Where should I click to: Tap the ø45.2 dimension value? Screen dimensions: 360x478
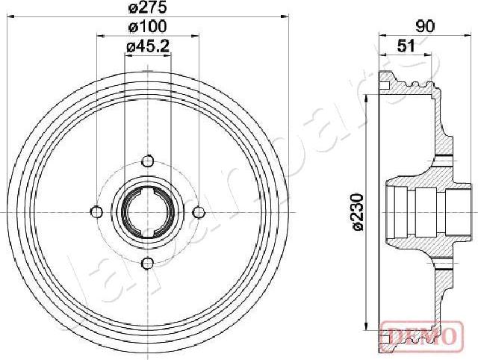coord(148,48)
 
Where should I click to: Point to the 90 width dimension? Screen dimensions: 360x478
coord(426,28)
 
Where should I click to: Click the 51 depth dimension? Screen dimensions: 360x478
coord(406,46)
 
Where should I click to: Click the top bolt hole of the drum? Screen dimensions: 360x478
coord(148,161)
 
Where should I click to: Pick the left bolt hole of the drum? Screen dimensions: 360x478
coord(96,211)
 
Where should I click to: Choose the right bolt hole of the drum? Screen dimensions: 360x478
coord(199,211)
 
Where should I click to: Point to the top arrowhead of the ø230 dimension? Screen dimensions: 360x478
coord(367,98)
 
